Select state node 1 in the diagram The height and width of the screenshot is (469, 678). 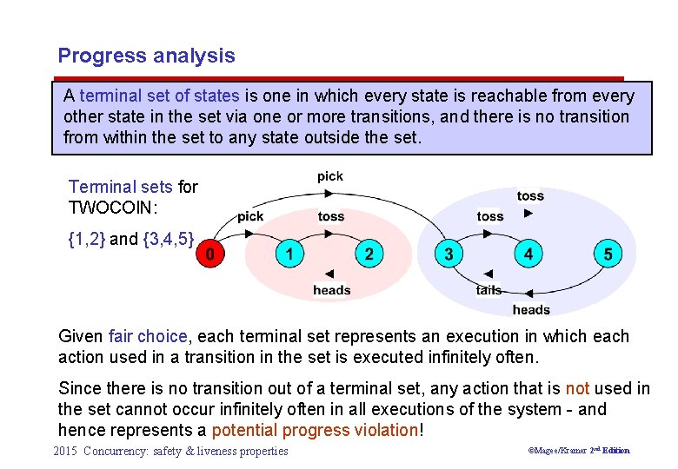point(289,254)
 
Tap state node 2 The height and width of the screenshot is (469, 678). point(369,254)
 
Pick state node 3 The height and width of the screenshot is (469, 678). point(448,254)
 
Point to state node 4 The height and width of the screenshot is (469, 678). point(528,254)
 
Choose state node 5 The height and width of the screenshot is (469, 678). point(607,254)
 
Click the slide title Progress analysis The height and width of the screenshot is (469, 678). point(146,56)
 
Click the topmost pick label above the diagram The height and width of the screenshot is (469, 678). point(330,176)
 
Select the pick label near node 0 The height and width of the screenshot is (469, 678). point(250,216)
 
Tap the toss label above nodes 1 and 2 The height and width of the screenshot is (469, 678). point(330,216)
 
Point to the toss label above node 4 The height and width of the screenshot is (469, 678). point(530,196)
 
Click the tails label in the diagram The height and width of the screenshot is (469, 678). point(489,290)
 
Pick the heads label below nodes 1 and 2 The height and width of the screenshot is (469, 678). point(331,290)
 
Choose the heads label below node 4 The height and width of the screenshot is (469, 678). point(531,309)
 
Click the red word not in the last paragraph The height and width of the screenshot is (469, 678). point(577,388)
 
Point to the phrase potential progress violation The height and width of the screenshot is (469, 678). point(315,430)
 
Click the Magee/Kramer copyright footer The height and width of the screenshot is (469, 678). point(579,451)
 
